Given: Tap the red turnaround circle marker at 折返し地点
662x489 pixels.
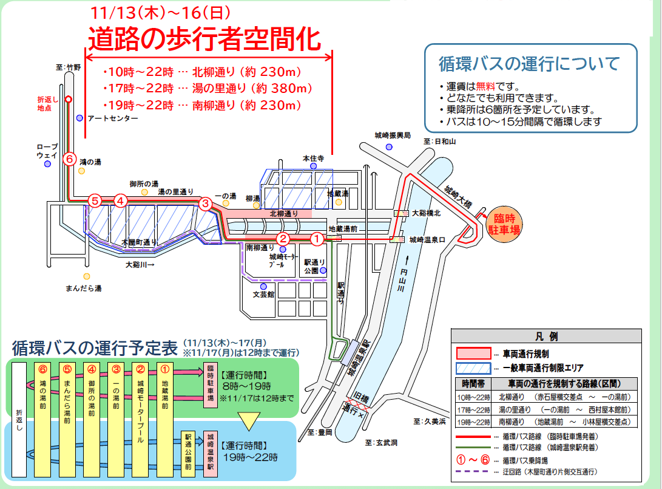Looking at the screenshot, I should coord(69,99).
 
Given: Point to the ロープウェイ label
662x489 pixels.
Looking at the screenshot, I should coord(47,151).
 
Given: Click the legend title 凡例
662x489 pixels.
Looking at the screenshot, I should coord(546,336).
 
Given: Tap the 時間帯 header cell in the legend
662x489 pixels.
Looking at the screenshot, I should coord(473,384).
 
